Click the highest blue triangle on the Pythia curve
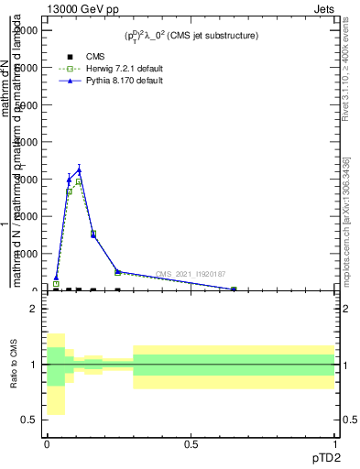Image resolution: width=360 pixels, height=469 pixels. [x=79, y=169]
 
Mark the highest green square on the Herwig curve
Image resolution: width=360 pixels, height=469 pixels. [x=79, y=182]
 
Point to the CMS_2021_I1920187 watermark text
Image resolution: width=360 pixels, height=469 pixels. [x=191, y=274]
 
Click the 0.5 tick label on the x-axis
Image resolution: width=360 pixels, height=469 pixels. [x=191, y=442]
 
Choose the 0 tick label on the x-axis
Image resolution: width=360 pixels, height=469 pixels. [x=46, y=442]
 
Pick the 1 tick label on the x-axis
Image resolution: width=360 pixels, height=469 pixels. [x=334, y=442]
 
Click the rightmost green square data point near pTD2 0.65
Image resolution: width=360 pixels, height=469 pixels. [x=234, y=289]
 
